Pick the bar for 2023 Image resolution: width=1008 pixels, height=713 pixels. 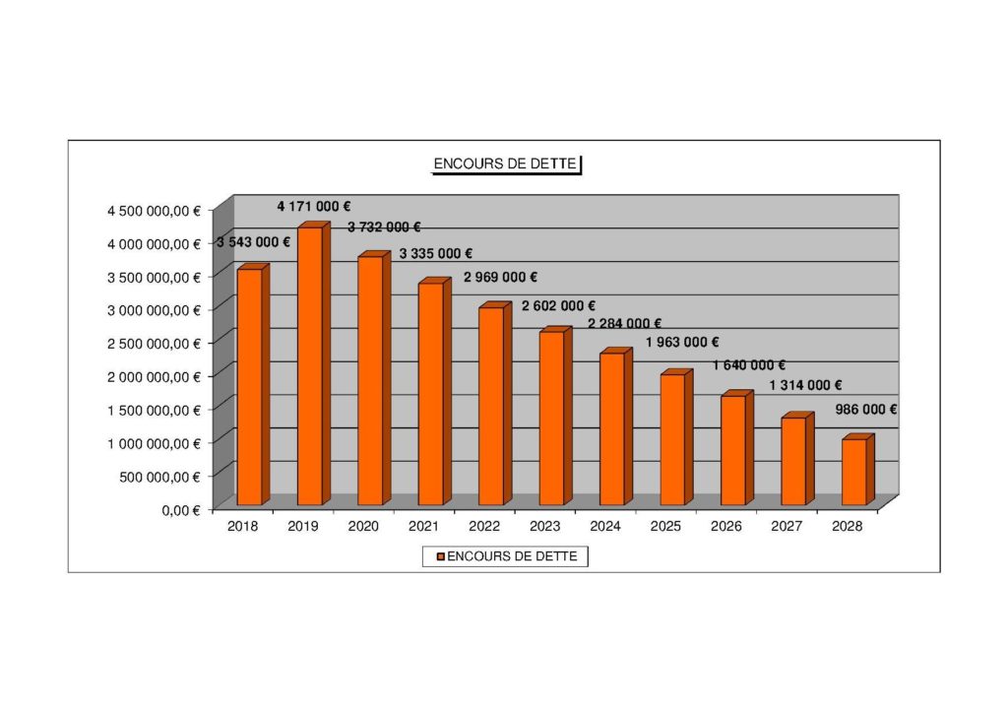[551, 418]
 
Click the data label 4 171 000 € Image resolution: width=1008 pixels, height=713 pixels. [314, 206]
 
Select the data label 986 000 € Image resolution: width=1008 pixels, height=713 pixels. [865, 410]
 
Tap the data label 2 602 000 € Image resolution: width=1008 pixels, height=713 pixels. [558, 306]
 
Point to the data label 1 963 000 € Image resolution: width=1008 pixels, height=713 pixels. [682, 343]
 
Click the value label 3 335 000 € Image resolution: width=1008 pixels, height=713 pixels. [436, 254]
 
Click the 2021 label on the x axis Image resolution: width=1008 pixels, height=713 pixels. [423, 527]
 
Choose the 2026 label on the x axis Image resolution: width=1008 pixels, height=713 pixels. [725, 527]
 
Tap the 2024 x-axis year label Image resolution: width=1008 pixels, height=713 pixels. [604, 527]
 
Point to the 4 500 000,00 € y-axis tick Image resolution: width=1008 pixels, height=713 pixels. [155, 210]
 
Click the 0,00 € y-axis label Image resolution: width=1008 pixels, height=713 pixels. [180, 510]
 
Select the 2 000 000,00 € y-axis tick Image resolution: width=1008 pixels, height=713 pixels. [155, 376]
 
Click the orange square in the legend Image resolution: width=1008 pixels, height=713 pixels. [441, 557]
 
